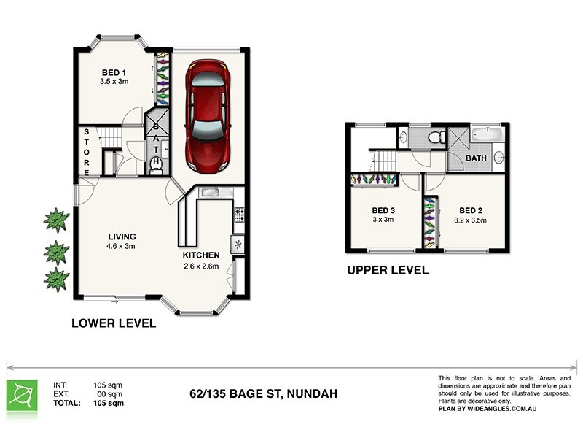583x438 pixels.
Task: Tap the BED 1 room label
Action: [x=114, y=72]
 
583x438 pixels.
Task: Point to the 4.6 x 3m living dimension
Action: [x=122, y=246]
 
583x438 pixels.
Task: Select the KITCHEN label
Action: [x=201, y=255]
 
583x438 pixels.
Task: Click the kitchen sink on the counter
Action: [x=210, y=192]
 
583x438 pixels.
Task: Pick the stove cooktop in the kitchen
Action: [x=238, y=214]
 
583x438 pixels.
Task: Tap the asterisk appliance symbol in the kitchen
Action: [x=238, y=245]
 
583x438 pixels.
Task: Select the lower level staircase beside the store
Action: [x=111, y=137]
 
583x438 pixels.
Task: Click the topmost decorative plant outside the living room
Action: [x=55, y=218]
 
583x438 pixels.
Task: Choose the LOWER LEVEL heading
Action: [x=113, y=323]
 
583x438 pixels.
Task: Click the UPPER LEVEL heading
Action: [x=387, y=270]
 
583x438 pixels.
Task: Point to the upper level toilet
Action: [x=436, y=137]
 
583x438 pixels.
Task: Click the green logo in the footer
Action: [x=21, y=394]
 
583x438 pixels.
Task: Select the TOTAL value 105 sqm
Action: [x=109, y=402]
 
